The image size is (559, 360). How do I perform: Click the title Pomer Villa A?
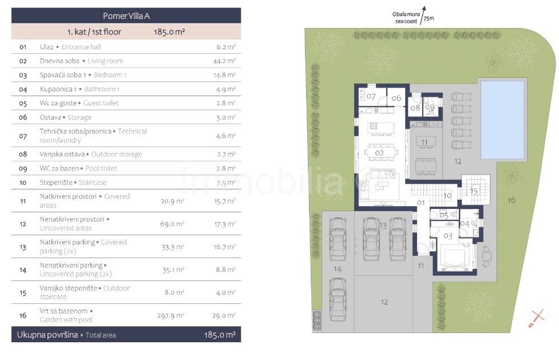click(x=126, y=16)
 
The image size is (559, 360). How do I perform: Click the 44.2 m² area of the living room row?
click(x=224, y=61)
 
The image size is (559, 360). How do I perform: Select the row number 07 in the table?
click(x=23, y=136)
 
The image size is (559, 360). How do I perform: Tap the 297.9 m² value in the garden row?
click(x=171, y=316)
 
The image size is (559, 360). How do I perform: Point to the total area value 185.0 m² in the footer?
click(x=220, y=335)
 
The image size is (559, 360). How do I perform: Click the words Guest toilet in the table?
click(x=101, y=103)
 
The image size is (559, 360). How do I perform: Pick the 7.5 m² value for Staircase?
click(x=225, y=183)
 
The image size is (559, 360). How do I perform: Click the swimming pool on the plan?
click(x=502, y=120)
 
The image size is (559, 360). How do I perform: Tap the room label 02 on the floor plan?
click(x=379, y=153)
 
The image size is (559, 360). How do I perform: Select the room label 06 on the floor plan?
click(x=396, y=98)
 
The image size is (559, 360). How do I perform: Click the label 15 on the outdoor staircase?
click(x=474, y=191)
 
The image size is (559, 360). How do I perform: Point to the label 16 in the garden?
click(x=512, y=200)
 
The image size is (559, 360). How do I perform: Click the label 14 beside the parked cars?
click(x=337, y=270)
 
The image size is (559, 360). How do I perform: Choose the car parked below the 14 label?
click(x=338, y=299)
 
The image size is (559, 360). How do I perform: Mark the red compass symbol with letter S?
click(x=536, y=318)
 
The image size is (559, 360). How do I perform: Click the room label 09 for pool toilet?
click(x=430, y=107)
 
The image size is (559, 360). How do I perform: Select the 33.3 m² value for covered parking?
click(x=173, y=247)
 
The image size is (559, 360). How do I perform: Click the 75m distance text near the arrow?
click(x=429, y=18)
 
